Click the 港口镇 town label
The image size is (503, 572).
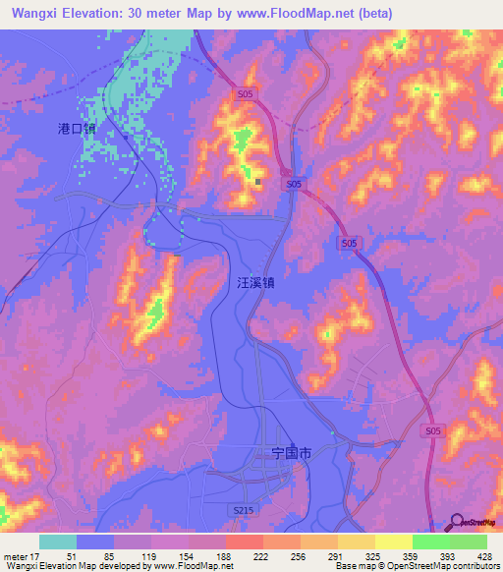pyautogui.click(x=77, y=129)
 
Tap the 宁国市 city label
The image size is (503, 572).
pyautogui.click(x=291, y=453)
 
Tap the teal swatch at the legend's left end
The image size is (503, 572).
pyautogui.click(x=58, y=542)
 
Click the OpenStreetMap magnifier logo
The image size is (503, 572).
pyautogui.click(x=456, y=522)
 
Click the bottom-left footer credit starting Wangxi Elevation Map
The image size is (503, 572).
pyautogui.click(x=118, y=566)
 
